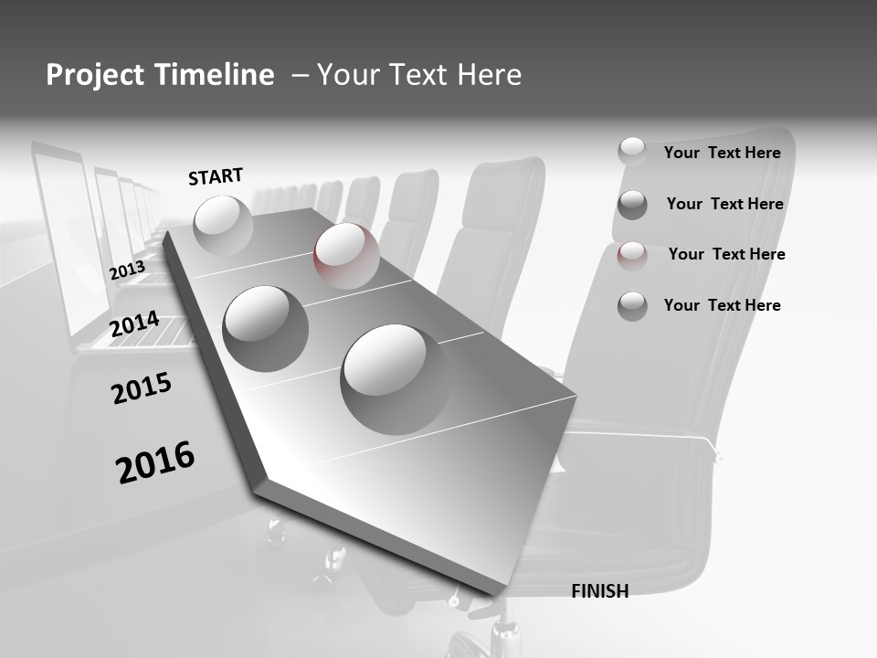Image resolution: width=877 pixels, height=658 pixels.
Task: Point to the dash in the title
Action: coord(300,76)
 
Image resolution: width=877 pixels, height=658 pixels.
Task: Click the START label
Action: coord(216,176)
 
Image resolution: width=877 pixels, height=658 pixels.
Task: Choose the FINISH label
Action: coord(599,591)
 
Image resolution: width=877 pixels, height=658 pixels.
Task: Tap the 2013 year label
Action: coord(127,271)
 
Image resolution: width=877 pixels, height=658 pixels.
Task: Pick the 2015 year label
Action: coord(142,389)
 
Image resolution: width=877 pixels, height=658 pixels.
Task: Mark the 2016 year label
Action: coord(155,462)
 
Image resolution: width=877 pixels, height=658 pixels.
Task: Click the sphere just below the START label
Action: coord(223,225)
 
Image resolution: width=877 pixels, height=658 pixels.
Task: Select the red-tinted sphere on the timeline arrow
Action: coord(346,256)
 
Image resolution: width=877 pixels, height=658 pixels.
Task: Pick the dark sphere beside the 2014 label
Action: coord(265,328)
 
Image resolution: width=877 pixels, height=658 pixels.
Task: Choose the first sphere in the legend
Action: coord(632,152)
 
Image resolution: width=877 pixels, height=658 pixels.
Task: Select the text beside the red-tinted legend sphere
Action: coord(726,254)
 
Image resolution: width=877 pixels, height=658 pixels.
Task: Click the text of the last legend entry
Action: coord(722,305)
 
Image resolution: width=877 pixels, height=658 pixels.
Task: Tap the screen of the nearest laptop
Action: coord(62,228)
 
